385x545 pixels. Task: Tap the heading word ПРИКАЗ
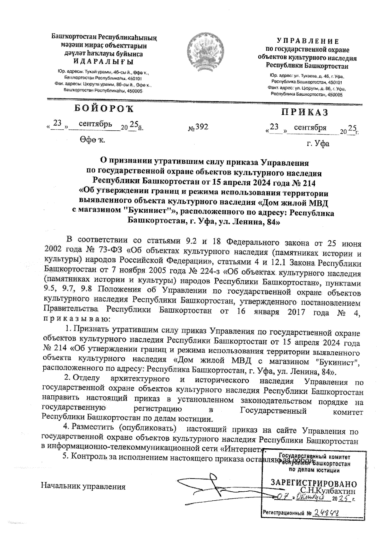click(305, 112)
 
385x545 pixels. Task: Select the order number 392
click(202, 127)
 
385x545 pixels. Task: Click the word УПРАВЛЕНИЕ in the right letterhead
click(308, 41)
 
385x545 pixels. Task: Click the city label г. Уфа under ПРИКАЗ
click(318, 143)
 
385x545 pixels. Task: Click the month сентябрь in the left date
click(95, 124)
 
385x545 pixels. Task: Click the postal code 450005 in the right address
click(334, 95)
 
